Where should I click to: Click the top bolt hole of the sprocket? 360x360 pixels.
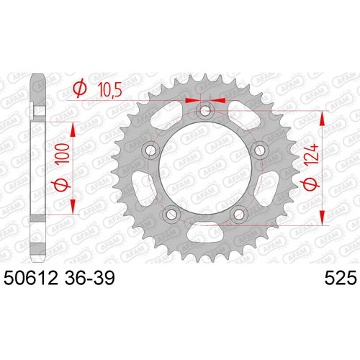coord(205,111)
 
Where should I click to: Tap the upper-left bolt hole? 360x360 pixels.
coord(151,150)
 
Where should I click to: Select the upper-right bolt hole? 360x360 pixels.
coord(259,150)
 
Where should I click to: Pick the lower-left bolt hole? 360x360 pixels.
coord(171,214)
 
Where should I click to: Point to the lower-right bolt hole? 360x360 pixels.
coord(238,214)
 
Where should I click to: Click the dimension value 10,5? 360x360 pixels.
coord(109,89)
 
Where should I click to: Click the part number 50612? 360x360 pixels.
coord(31,278)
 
